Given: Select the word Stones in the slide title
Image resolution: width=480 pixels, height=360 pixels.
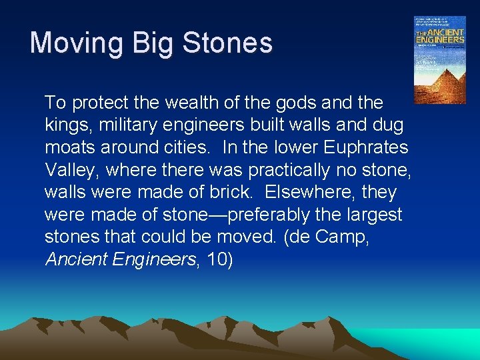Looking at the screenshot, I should point(227,43).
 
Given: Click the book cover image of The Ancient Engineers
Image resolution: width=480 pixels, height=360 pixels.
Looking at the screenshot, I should point(439,59).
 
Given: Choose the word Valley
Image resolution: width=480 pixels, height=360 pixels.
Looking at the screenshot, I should point(69,170).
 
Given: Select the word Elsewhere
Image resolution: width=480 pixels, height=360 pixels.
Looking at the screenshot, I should point(313,193).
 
